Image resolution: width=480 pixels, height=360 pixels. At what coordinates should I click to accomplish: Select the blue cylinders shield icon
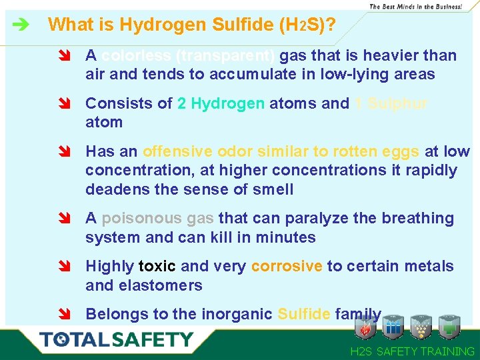pyautogui.click(x=393, y=327)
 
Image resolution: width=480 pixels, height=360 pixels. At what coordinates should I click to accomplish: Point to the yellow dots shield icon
pyautogui.click(x=421, y=327)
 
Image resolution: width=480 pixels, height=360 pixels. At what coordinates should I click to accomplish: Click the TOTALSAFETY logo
pyautogui.click(x=116, y=339)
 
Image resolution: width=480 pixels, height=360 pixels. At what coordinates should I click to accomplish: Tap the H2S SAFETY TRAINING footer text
pyautogui.click(x=412, y=351)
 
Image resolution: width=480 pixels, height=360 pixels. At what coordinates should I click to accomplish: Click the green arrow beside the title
pyautogui.click(x=20, y=25)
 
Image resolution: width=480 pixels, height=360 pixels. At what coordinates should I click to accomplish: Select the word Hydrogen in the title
pyautogui.click(x=157, y=25)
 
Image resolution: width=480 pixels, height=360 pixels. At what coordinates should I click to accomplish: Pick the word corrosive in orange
pyautogui.click(x=287, y=266)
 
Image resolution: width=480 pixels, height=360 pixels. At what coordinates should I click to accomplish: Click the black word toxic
pyautogui.click(x=157, y=266)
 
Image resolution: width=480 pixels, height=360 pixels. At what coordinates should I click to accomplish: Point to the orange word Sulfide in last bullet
pyautogui.click(x=303, y=314)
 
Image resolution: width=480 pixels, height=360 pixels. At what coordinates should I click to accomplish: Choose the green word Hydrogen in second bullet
pyautogui.click(x=221, y=103)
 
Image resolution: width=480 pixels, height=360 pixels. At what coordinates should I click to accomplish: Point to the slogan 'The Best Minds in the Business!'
pyautogui.click(x=415, y=6)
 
